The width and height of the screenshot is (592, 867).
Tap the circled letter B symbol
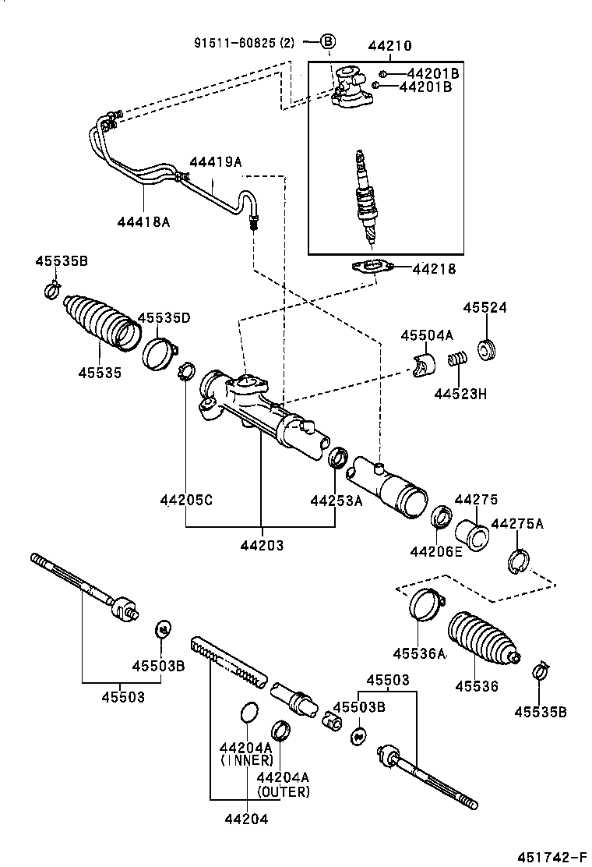[328, 41]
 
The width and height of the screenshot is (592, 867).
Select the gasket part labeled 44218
[372, 268]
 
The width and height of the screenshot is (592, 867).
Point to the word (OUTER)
[283, 791]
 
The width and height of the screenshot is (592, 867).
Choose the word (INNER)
[247, 759]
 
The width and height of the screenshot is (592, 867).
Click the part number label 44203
[261, 546]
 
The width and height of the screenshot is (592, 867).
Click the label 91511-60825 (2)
[244, 42]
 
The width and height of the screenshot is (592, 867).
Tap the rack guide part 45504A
[425, 365]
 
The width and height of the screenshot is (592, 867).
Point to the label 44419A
[216, 162]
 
